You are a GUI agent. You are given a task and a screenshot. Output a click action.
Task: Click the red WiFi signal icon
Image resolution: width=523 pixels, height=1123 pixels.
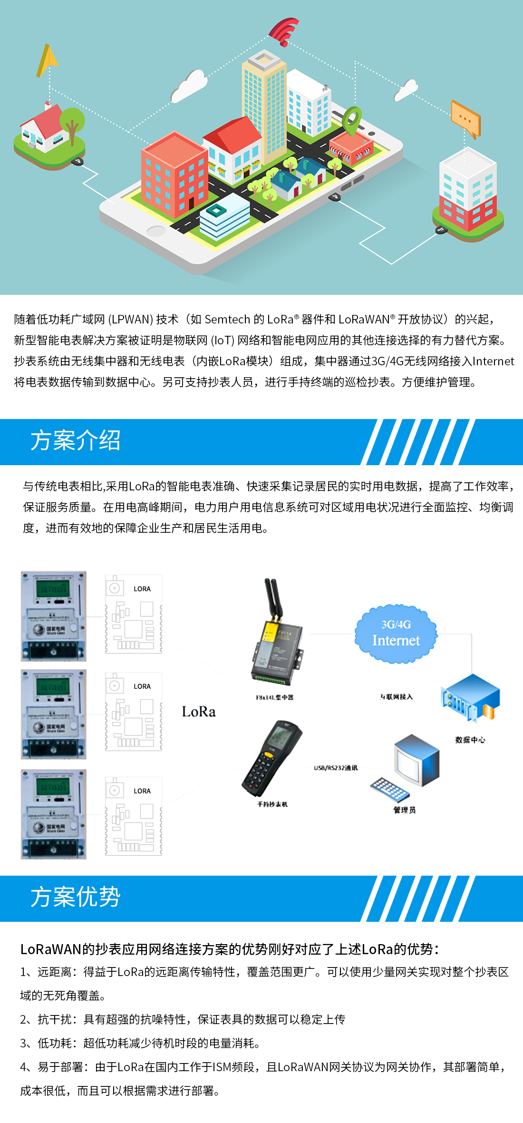[x=284, y=31]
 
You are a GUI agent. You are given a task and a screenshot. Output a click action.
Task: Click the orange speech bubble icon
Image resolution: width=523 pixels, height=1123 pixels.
[x=465, y=119]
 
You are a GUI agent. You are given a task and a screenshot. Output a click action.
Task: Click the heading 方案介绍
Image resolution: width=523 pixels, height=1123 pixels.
[x=75, y=441]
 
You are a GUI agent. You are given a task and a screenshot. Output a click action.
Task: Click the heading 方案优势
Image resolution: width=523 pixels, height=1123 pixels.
[x=75, y=898]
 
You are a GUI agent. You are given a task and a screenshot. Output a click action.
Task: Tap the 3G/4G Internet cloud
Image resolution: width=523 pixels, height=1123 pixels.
[x=396, y=634]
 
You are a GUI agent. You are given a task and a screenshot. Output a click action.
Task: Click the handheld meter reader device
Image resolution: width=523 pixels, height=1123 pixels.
[x=271, y=758]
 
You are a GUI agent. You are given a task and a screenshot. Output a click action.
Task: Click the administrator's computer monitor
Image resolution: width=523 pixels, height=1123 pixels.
[x=416, y=756]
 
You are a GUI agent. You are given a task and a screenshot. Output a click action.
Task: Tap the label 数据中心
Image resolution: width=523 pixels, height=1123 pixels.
[x=470, y=740]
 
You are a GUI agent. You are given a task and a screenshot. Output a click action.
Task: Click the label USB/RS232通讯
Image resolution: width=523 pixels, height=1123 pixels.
[x=336, y=768]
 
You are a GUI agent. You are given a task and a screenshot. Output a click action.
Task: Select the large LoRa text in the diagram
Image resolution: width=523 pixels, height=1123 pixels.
[x=199, y=712]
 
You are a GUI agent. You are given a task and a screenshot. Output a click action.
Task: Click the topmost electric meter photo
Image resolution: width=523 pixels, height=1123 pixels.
[x=54, y=616]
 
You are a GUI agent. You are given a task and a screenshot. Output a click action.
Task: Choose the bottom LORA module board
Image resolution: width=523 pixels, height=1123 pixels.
[x=134, y=816]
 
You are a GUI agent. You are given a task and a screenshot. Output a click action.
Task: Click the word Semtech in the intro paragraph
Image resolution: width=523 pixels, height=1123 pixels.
[x=227, y=320]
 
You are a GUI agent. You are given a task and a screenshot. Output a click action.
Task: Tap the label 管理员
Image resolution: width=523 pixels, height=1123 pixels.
[x=404, y=810]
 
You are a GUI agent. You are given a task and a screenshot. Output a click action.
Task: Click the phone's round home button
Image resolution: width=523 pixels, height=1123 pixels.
[x=156, y=231]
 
